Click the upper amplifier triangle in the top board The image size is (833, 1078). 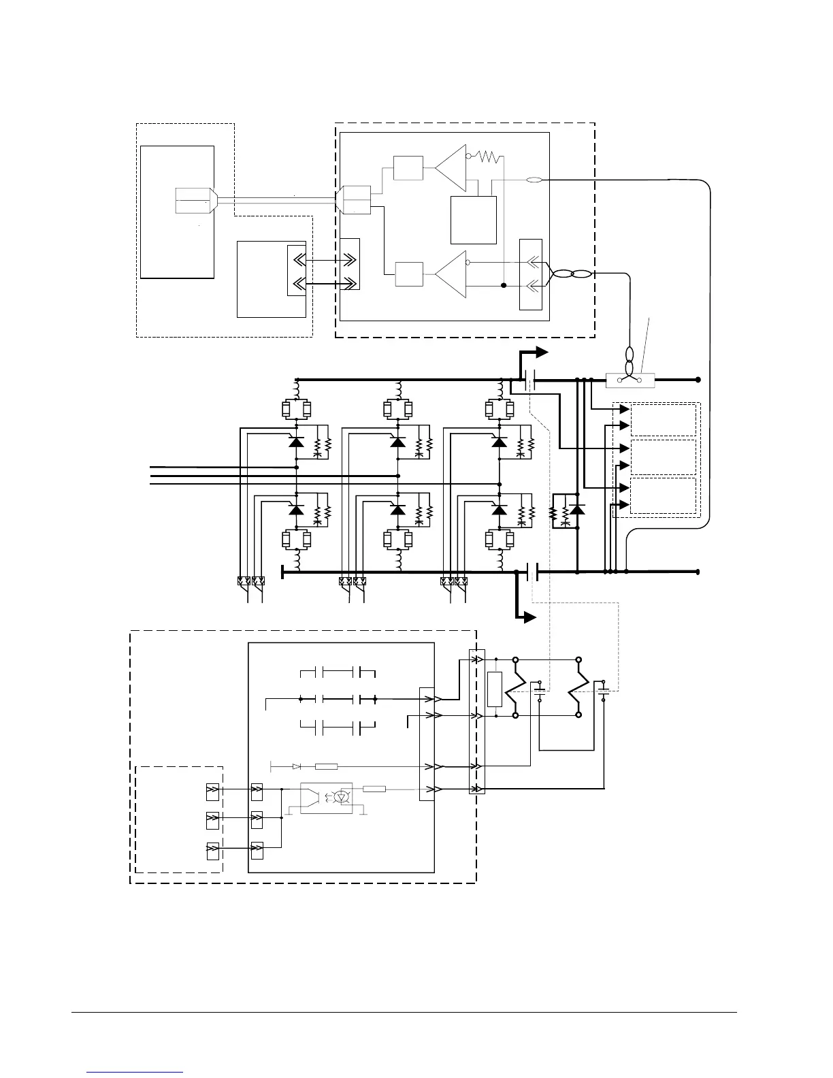tap(451, 167)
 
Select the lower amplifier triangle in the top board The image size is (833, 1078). tap(451, 274)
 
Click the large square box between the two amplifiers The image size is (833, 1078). tap(474, 220)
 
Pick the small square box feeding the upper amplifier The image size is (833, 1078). tap(408, 168)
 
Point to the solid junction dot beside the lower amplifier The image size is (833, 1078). tap(504, 285)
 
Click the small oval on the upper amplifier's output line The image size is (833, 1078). tap(534, 180)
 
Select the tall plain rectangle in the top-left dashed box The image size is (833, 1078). tap(177, 212)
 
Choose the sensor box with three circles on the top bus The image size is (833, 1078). tap(630, 380)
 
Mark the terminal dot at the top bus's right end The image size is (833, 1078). tap(698, 380)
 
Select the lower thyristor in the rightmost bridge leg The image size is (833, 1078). tap(500, 510)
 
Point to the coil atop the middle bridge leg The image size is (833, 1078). tap(398, 389)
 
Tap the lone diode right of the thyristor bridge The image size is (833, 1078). tap(577, 509)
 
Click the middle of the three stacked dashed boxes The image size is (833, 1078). tap(664, 457)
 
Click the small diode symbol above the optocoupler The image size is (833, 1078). tap(297, 766)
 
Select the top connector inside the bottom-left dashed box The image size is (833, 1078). tap(213, 791)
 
